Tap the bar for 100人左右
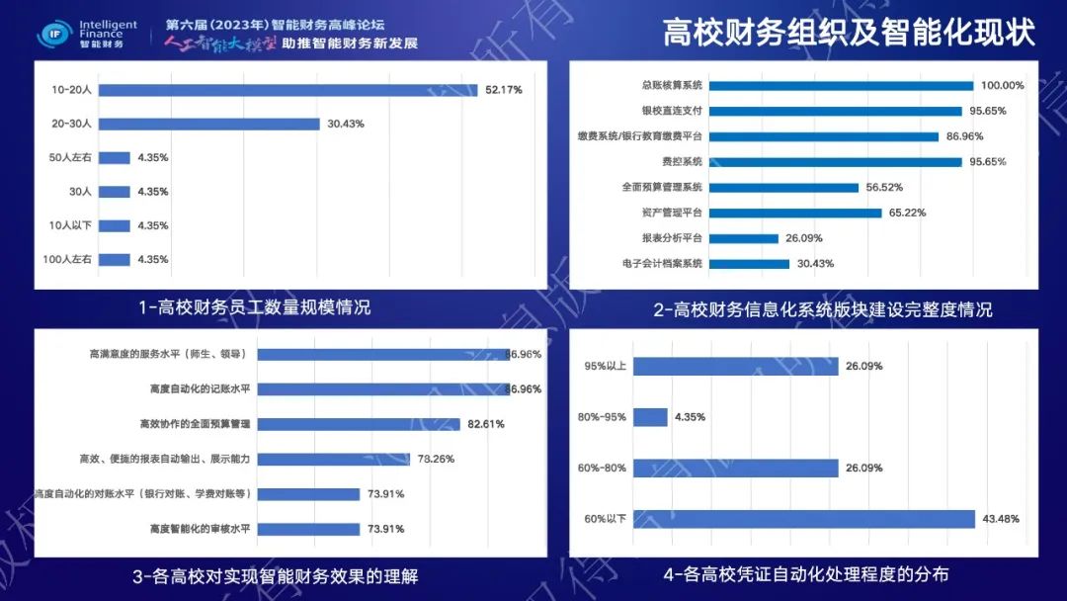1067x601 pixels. coord(115,260)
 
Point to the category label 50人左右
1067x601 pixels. coord(71,157)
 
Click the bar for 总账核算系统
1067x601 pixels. coord(841,86)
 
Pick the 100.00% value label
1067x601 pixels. coord(1002,86)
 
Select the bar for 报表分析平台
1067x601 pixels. coord(744,238)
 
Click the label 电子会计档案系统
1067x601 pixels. coord(662,264)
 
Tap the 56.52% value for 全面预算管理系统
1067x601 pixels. coord(884,187)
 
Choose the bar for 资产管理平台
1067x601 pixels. coord(795,213)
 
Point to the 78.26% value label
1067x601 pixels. coord(436,459)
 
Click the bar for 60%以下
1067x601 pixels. coord(804,519)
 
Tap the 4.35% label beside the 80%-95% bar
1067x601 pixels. coord(690,417)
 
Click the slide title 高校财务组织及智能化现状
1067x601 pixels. coord(849,32)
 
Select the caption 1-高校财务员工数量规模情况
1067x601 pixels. coord(255,307)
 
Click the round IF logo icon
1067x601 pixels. coord(53,35)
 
